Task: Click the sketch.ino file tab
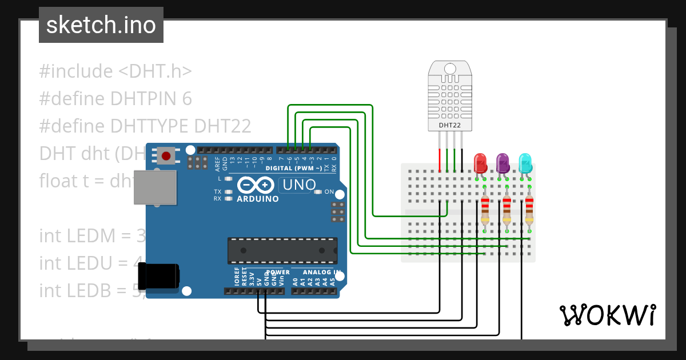click(x=101, y=25)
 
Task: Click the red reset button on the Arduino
click(x=166, y=155)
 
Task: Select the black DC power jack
click(x=162, y=275)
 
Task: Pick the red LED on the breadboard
click(x=480, y=163)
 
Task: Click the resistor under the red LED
click(x=485, y=210)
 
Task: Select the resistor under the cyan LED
click(x=529, y=210)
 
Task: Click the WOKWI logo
click(x=607, y=315)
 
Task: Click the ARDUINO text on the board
click(x=257, y=199)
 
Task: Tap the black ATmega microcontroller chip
click(x=282, y=250)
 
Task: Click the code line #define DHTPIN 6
click(x=115, y=99)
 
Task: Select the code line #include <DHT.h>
click(x=115, y=71)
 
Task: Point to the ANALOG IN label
click(x=321, y=273)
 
